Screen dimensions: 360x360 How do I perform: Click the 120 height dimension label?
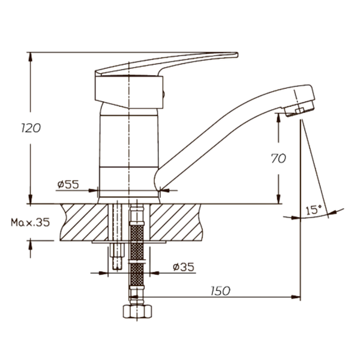(31, 128)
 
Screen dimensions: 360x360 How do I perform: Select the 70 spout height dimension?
(278, 158)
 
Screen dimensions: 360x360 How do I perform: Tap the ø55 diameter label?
(68, 184)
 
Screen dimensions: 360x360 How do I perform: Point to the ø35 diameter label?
(184, 267)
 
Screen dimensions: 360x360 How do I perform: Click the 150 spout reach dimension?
(220, 291)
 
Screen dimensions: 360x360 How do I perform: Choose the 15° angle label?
(314, 209)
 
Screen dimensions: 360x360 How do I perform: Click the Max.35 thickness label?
(31, 223)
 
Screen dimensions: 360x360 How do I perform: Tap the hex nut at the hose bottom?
(137, 311)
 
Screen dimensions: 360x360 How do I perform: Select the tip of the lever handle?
(237, 55)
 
